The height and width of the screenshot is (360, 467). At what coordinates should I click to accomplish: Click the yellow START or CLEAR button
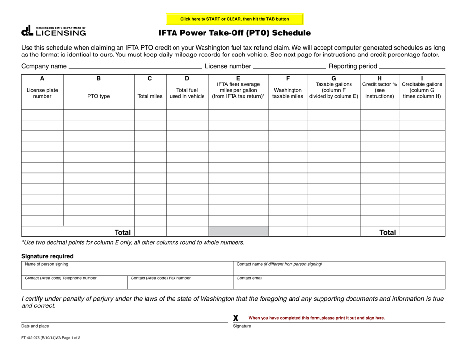point(234,19)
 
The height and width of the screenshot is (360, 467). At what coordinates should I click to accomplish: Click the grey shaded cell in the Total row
point(238,231)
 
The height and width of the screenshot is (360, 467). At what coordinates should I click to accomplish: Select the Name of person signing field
point(127,268)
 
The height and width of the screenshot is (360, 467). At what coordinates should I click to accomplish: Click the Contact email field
point(339,282)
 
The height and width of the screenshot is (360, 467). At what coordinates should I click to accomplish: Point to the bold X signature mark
point(236,318)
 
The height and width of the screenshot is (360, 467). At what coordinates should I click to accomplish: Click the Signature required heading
point(47,256)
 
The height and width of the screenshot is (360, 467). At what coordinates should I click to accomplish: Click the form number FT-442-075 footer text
point(50,338)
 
